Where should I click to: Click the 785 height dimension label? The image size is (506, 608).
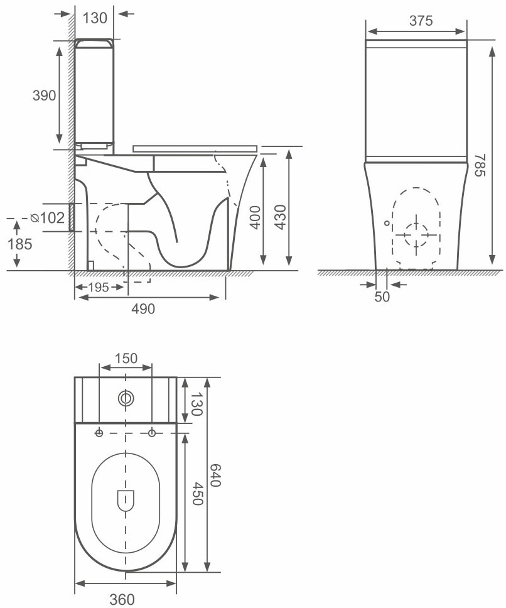pos(480,165)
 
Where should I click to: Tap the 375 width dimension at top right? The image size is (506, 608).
pos(421,21)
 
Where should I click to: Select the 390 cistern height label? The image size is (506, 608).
pos(44,95)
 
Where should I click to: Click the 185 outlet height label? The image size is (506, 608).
pos(20,244)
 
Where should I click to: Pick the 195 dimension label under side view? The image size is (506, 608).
pos(99,287)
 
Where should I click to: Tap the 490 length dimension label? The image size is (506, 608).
pos(143,308)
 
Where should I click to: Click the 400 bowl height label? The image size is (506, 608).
pos(254,217)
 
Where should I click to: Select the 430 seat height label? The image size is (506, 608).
pos(280,217)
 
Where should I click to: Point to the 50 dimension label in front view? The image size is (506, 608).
pos(382,296)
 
